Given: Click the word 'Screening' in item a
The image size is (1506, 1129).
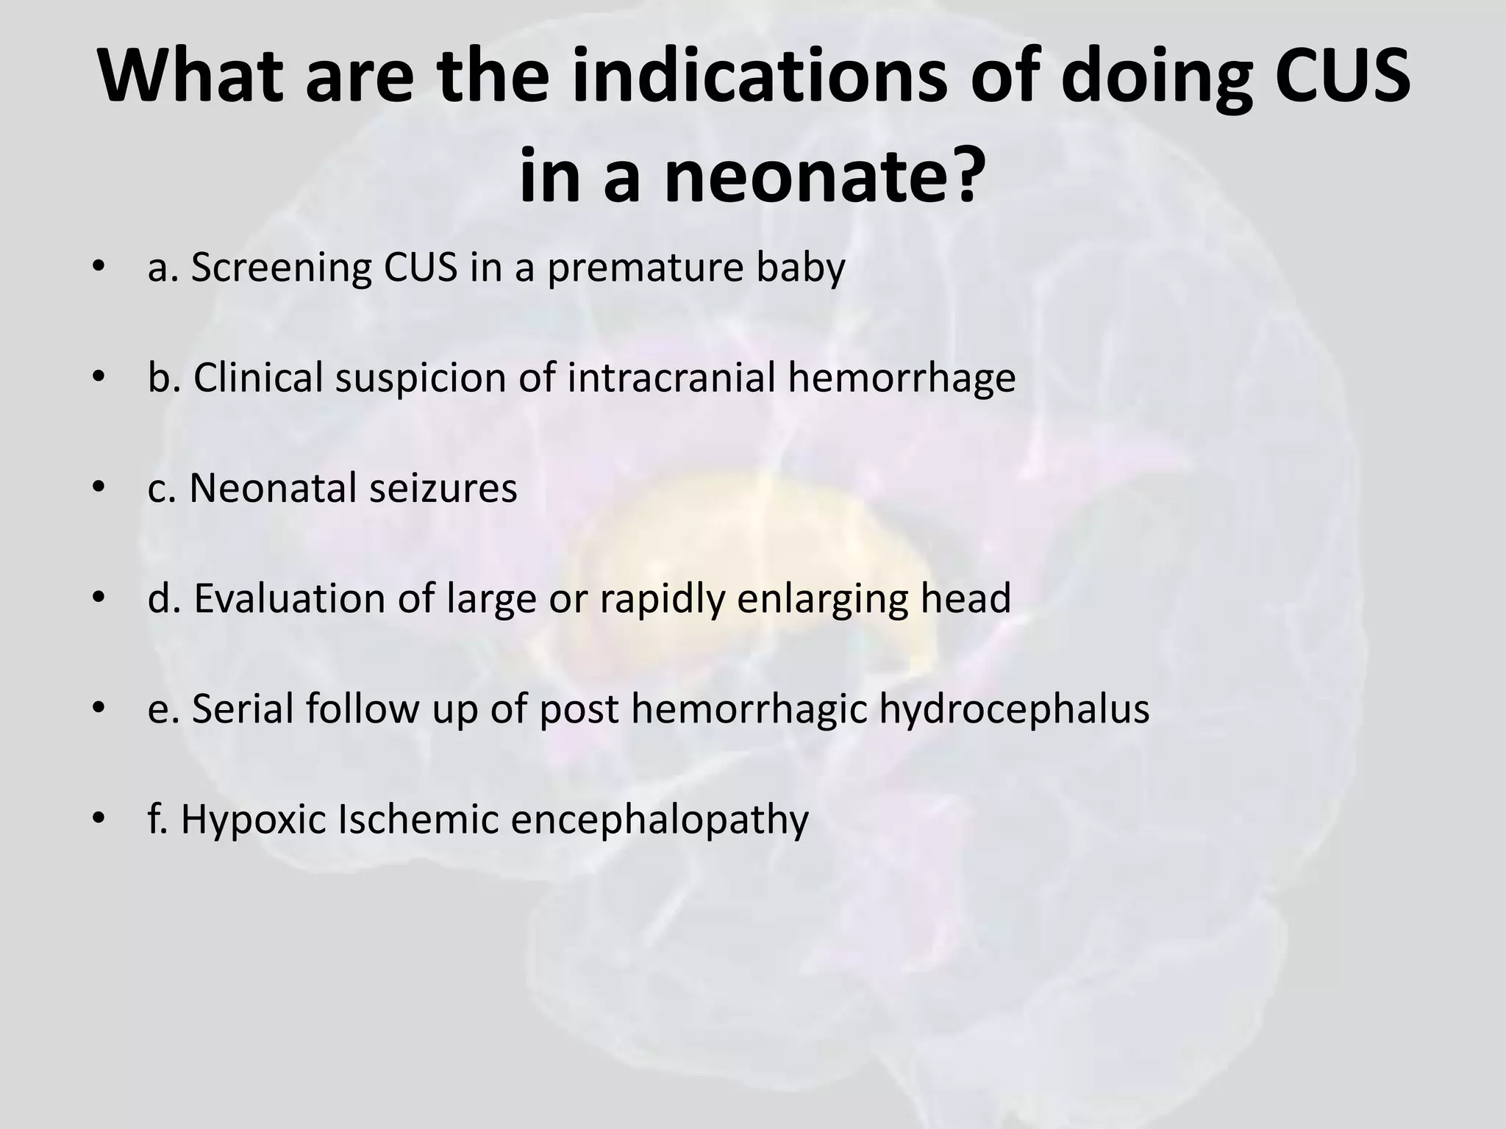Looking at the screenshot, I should tap(282, 268).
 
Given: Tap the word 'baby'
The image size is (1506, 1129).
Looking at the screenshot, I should tap(803, 268).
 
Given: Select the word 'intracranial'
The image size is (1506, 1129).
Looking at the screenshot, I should tap(671, 378).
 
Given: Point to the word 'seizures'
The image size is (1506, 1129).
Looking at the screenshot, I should tap(443, 488).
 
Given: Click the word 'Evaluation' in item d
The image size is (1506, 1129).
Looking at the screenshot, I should tap(290, 598).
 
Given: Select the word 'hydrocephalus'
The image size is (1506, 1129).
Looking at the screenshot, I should tap(1014, 709).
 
